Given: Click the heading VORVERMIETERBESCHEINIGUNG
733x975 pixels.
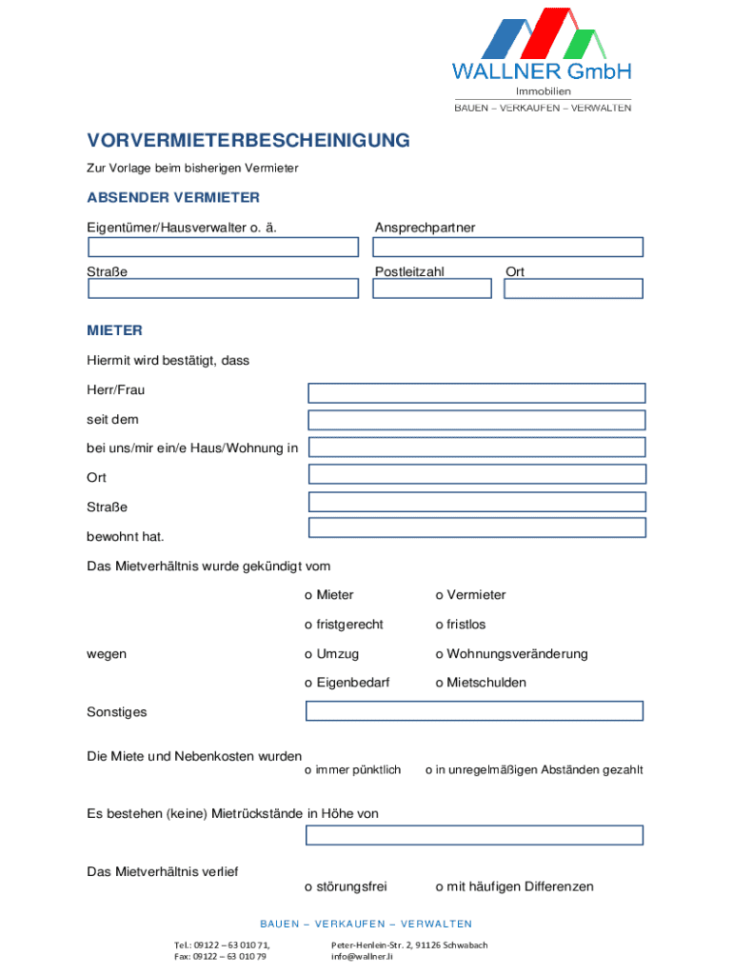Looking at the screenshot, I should coord(248,141).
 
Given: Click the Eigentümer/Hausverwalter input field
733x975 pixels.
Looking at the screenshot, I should coord(223,248).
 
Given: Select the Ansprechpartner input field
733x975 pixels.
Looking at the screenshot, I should coord(507,248).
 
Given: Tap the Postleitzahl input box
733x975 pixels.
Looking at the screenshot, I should coord(431,289).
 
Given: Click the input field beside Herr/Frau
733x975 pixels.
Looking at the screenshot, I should coord(476,393).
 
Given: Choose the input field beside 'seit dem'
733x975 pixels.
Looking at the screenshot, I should coord(476,420).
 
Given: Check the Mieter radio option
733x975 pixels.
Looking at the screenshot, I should coord(308,596).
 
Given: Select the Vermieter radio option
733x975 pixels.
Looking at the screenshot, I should coord(440,596).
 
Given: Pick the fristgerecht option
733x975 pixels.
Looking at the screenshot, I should coord(308,626).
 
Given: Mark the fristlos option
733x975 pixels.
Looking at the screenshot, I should coord(440,626).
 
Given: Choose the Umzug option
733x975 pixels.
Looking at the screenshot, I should coord(308,655).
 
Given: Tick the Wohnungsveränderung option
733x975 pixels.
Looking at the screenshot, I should coord(440,655).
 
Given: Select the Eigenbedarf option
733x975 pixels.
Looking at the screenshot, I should coord(308,684).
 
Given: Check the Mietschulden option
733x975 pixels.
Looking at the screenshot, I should coord(440,684).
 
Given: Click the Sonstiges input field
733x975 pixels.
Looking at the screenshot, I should coord(474,711).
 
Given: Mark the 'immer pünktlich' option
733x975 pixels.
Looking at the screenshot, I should coord(307,770).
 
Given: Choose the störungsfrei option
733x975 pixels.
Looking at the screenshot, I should coord(308,887).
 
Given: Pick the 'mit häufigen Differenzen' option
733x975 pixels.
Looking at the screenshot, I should coord(440,887).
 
